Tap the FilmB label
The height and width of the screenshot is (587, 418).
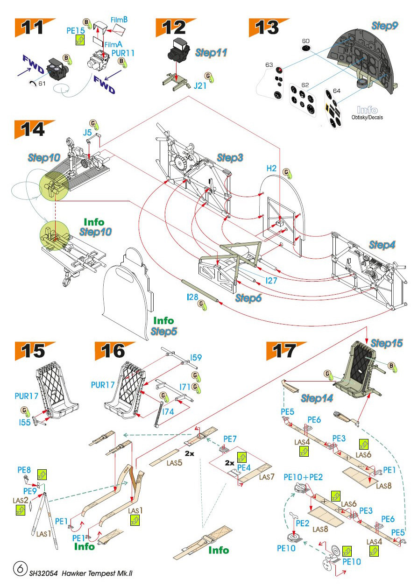119,20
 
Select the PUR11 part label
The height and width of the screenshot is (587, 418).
122,53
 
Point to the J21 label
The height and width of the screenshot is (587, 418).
200,85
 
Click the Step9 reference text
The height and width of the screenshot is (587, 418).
384,26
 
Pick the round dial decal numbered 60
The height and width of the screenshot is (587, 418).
306,49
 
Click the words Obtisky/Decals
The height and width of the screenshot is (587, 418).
368,117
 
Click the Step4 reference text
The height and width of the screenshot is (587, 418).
383,245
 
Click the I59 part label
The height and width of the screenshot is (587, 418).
196,358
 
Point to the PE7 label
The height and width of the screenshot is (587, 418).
230,439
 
